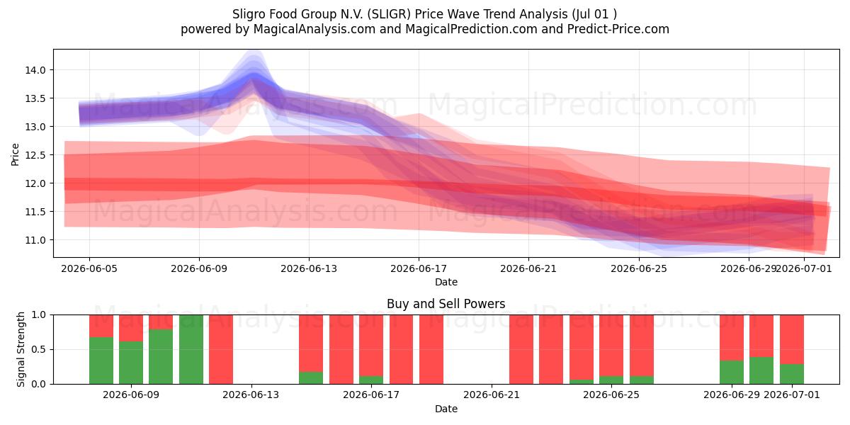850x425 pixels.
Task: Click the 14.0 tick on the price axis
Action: [35, 70]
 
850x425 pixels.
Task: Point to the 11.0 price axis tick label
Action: [35, 240]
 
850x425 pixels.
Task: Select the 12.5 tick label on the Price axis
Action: [35, 155]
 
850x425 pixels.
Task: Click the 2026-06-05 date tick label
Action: [89, 268]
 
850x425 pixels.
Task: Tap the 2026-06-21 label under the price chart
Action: [528, 268]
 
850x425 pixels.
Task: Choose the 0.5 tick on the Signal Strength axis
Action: [38, 349]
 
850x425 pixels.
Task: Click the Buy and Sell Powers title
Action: [446, 304]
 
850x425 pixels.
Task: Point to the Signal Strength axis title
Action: [21, 349]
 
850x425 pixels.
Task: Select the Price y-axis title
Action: [15, 154]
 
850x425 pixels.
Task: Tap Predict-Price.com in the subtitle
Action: [618, 29]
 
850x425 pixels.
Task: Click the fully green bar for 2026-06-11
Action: [191, 349]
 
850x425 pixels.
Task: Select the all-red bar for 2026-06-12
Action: [221, 349]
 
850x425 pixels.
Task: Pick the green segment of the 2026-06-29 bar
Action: [732, 373]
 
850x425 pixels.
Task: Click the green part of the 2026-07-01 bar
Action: [792, 374]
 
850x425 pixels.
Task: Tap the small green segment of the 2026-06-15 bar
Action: [311, 378]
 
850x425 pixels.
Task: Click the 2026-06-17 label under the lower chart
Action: [371, 395]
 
